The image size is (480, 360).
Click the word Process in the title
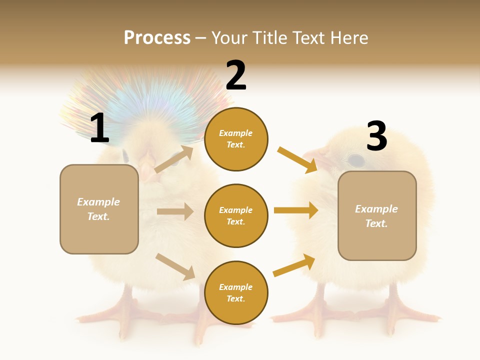pyautogui.click(x=157, y=37)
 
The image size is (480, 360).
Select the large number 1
pyautogui.click(x=99, y=128)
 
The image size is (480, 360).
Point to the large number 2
pyautogui.click(x=236, y=75)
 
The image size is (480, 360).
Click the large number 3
pyautogui.click(x=376, y=136)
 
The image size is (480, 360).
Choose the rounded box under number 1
pyautogui.click(x=99, y=209)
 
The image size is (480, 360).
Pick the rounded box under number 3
pyautogui.click(x=377, y=215)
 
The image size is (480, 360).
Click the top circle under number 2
pyautogui.click(x=236, y=139)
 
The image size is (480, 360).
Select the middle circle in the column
pyautogui.click(x=236, y=215)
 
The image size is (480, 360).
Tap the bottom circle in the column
pyautogui.click(x=236, y=292)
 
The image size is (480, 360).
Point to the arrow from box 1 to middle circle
pyautogui.click(x=175, y=211)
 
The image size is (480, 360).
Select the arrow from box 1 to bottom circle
pyautogui.click(x=175, y=266)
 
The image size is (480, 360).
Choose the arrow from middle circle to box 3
pyautogui.click(x=296, y=210)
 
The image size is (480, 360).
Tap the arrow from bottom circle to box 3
pyautogui.click(x=294, y=265)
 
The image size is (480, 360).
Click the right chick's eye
pyautogui.click(x=355, y=160)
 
